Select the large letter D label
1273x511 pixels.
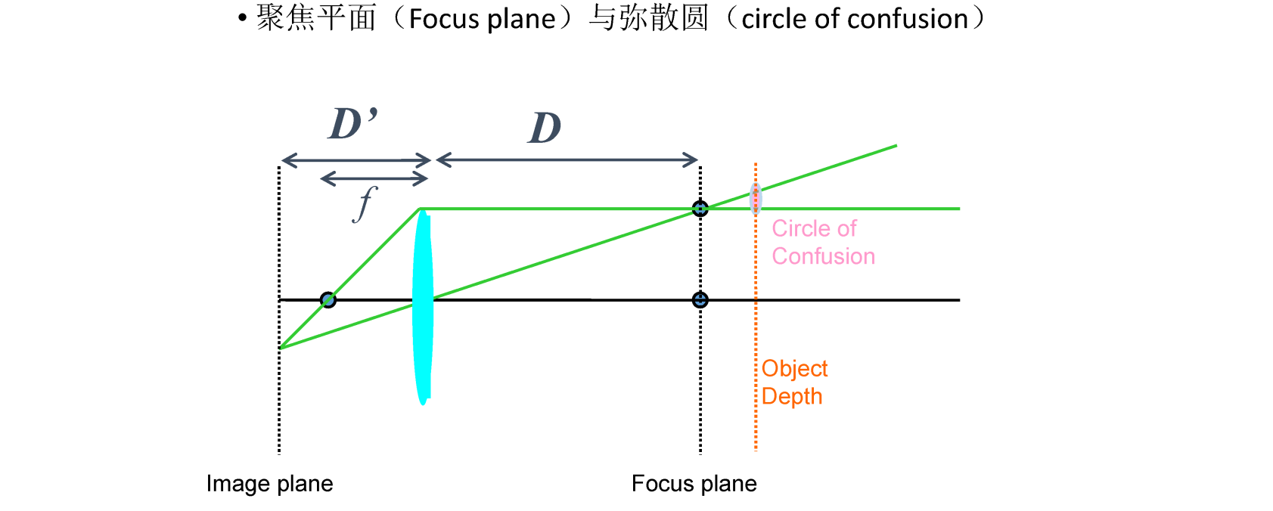[x=545, y=128]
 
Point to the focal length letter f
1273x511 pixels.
[x=365, y=203]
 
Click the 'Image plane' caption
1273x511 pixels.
[x=269, y=484]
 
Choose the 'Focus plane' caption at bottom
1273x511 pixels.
[x=694, y=484]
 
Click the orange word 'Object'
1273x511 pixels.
[x=794, y=369]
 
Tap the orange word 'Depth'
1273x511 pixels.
[x=791, y=396]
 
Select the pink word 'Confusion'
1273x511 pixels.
[x=823, y=256]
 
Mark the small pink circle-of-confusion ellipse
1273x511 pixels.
[x=755, y=199]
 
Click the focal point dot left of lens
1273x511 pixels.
[x=328, y=299]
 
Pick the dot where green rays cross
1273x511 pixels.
[x=700, y=208]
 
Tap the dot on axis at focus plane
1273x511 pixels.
[x=700, y=300]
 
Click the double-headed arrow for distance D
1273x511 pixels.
[x=567, y=159]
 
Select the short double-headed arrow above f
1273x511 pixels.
[x=374, y=178]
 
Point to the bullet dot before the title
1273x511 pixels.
[x=242, y=18]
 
